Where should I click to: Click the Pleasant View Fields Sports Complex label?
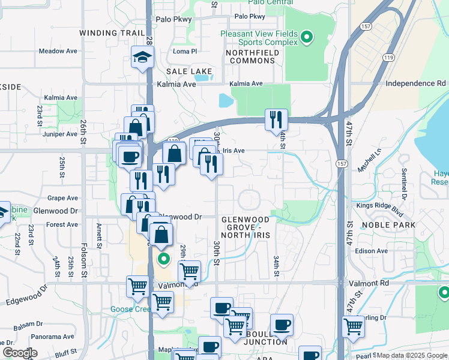pos(259,38)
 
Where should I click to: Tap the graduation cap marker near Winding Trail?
pos(143,58)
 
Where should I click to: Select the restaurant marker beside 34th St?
pos(276,119)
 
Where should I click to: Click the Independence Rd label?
pos(415,83)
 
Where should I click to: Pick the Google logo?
pos(20,352)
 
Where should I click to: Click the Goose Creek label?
pos(130,310)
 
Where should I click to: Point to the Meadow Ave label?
pos(58,51)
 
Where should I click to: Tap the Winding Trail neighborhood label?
pos(112,33)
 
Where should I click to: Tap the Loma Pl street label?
pos(184,52)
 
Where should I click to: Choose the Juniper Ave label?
pos(61,134)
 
